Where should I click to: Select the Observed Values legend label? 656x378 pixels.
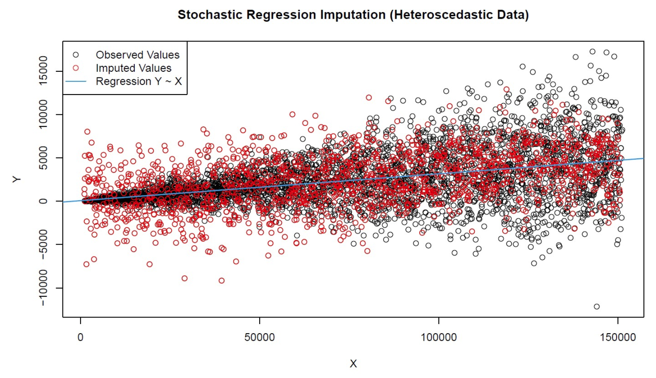coord(137,55)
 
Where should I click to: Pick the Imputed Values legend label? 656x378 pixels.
coord(133,68)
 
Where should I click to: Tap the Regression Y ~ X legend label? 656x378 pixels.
coord(138,81)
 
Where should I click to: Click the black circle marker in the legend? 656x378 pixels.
coord(75,55)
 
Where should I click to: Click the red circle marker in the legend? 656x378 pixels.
coord(75,68)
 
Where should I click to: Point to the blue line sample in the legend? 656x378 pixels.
coord(75,81)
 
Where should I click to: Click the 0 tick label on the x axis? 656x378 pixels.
coord(80,337)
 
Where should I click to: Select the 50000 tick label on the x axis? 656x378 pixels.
coord(259,337)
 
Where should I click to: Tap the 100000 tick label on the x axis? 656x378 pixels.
coord(438,337)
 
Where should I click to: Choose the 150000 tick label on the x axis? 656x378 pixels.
coord(617,337)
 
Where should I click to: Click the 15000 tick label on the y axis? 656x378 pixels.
coord(43,71)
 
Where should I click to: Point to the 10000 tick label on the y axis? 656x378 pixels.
coord(43,114)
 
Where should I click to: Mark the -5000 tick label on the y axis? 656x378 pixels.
coord(43,245)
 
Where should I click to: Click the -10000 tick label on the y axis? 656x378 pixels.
coord(43,288)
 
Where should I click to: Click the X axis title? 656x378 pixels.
coord(353,363)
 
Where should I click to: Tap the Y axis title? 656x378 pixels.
coord(16,179)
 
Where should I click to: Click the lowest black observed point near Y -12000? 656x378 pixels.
coord(597,307)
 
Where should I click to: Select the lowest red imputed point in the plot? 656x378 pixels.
coord(221,281)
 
